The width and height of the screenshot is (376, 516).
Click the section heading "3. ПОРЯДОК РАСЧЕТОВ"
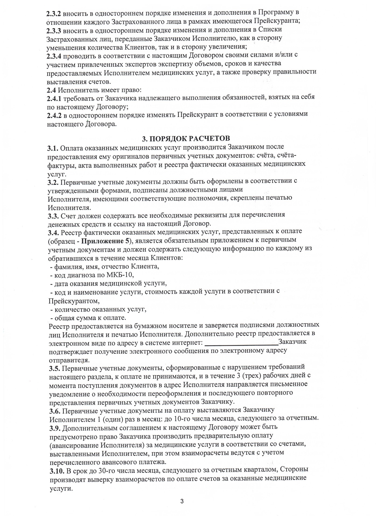tap(186, 138)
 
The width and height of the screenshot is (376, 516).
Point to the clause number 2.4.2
tap(54, 115)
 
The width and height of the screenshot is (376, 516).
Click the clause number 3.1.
tap(53, 148)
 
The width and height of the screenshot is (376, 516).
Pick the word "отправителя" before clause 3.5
tap(68, 360)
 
